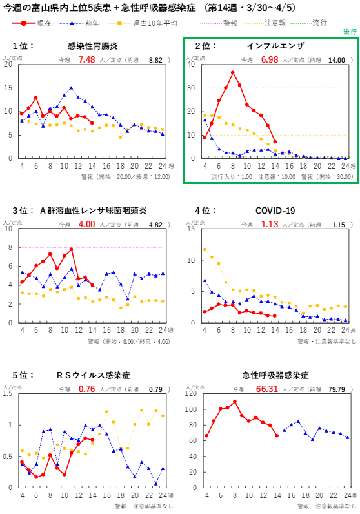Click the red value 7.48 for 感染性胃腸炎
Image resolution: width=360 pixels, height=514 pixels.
click(86, 59)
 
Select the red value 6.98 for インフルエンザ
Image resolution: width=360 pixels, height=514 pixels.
click(270, 59)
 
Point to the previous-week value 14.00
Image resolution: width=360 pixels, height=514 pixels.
click(337, 60)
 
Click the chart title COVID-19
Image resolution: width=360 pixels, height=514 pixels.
click(275, 211)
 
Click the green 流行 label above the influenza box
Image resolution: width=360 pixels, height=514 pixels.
click(350, 32)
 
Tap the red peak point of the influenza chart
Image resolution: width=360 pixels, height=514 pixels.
click(233, 72)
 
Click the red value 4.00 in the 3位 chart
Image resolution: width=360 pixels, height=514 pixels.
click(86, 225)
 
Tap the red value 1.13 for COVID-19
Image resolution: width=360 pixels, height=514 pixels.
click(270, 225)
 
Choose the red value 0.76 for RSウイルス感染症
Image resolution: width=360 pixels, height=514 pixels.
click(86, 389)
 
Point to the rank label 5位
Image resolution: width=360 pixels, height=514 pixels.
click(23, 375)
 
